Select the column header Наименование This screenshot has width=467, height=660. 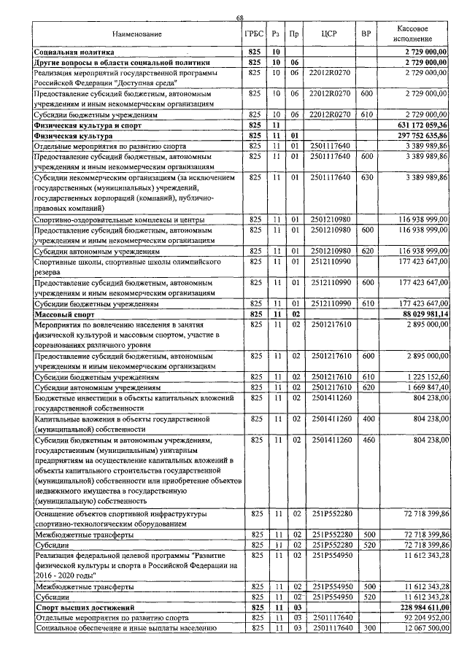pyautogui.click(x=136, y=34)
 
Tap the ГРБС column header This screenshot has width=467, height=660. pyautogui.click(x=254, y=34)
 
